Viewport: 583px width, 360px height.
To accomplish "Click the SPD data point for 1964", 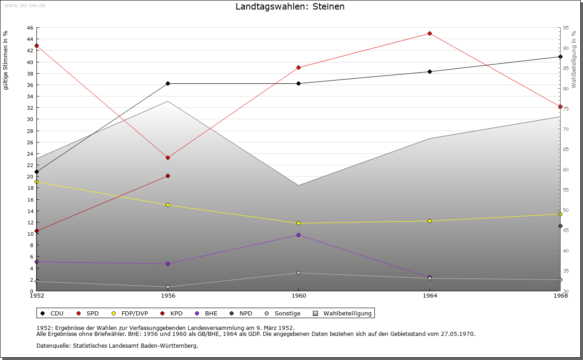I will click(x=430, y=34).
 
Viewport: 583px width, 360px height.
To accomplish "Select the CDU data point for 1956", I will click(x=168, y=83).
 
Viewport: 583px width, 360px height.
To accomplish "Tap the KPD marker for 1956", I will click(x=168, y=176).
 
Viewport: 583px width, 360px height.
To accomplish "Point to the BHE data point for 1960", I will click(x=298, y=235).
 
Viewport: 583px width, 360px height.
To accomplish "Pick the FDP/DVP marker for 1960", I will click(x=298, y=223).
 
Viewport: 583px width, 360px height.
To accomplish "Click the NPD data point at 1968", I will click(x=560, y=226).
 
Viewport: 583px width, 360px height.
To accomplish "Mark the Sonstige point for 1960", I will click(x=298, y=273).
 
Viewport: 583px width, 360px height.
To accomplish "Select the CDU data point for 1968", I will click(x=560, y=57).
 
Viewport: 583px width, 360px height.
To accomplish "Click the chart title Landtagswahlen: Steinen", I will click(x=290, y=7).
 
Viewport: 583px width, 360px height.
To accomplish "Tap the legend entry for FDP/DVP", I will click(x=130, y=314).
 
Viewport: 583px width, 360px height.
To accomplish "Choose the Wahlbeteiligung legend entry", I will click(x=343, y=314).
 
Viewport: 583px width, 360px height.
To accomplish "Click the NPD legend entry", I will click(x=241, y=314).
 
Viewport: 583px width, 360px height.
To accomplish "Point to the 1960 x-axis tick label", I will click(x=298, y=296).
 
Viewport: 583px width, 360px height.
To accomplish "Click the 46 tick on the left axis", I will click(x=30, y=28).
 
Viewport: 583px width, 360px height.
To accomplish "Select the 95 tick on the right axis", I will click(x=566, y=28).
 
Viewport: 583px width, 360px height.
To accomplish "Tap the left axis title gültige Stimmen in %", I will click(x=6, y=60).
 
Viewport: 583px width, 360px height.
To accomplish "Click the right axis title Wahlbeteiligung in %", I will click(x=574, y=60).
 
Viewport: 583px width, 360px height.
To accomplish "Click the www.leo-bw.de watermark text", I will click(x=23, y=5).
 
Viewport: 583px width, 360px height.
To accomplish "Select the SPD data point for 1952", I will click(x=36, y=46).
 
